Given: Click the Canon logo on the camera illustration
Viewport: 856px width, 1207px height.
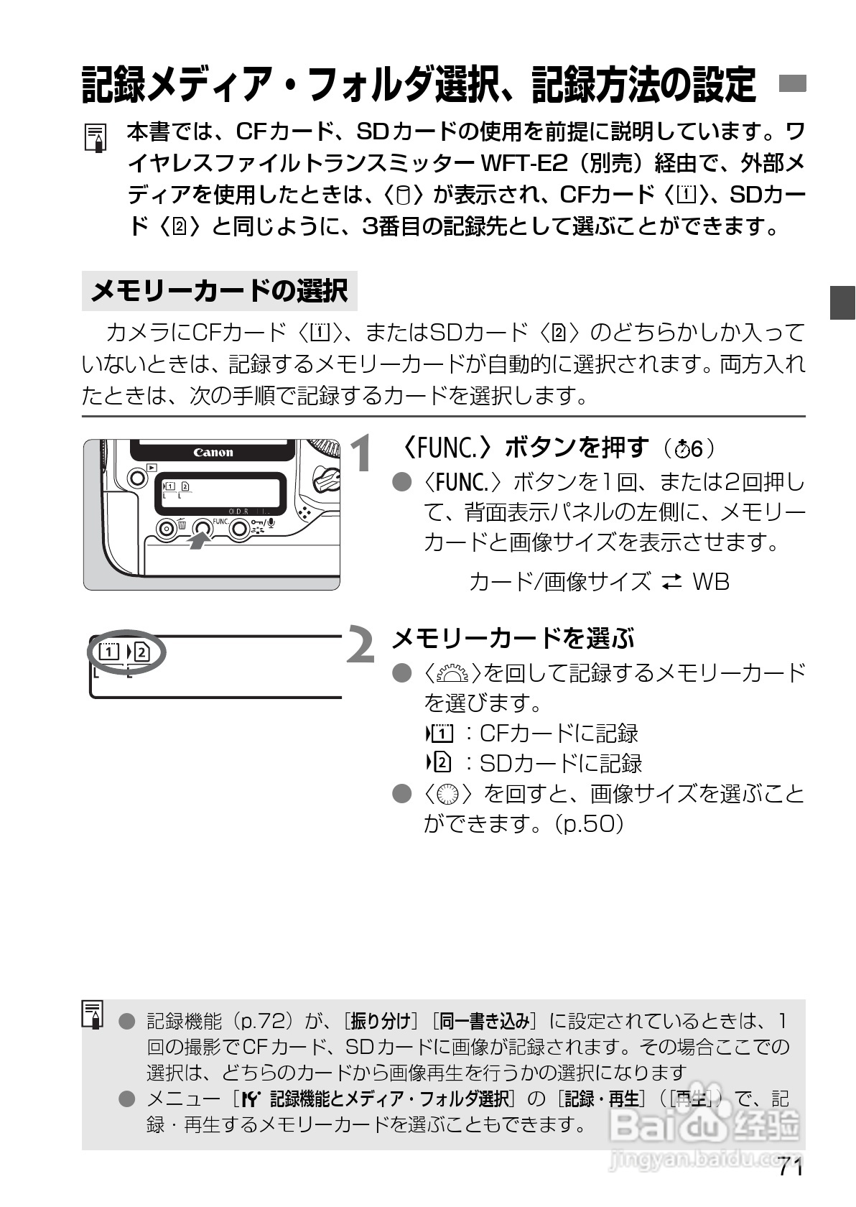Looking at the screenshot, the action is [213, 453].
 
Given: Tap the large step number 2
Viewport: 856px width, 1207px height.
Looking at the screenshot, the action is [361, 644].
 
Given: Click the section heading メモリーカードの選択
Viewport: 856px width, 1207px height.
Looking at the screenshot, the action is [219, 291].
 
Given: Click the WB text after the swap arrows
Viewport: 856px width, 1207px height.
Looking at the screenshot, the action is [710, 581].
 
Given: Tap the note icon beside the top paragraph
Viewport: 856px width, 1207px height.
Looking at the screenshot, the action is [96, 137].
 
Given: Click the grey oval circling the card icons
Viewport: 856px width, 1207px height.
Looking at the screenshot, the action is [127, 653].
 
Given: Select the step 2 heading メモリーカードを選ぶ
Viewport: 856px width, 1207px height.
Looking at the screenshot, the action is [513, 637].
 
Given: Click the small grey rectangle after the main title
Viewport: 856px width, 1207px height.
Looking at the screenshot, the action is [793, 84].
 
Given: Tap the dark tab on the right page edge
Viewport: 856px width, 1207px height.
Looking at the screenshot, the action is [843, 302].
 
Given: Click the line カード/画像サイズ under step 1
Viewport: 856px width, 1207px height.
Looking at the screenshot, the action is [559, 581].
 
